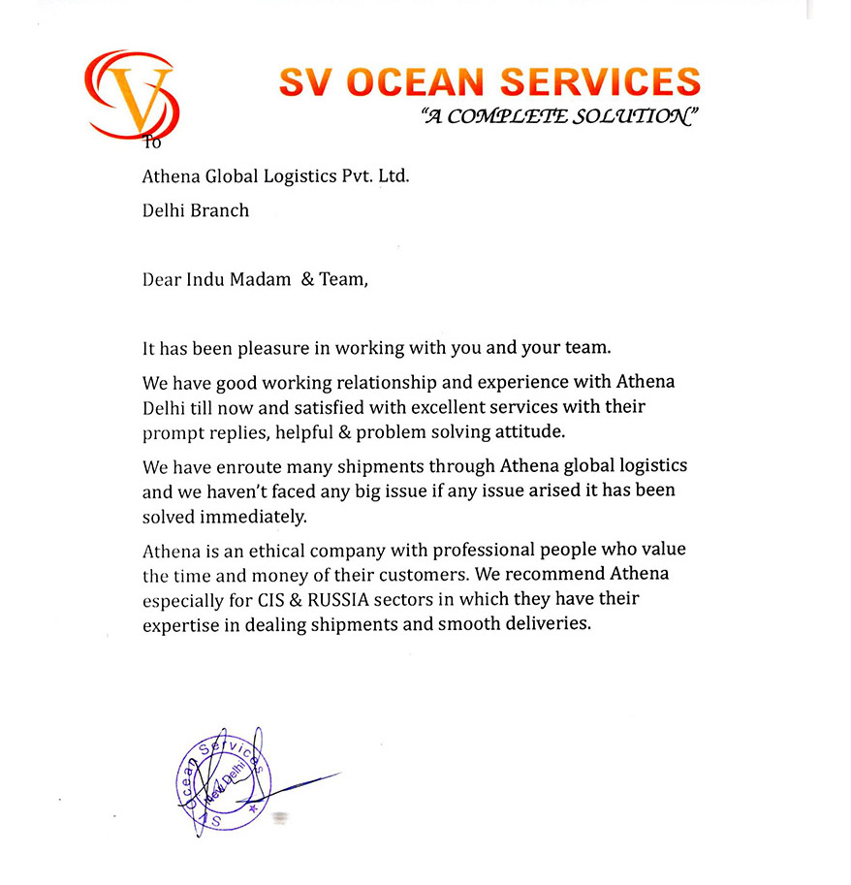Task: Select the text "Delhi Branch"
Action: pos(196,209)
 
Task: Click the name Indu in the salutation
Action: pos(203,280)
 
